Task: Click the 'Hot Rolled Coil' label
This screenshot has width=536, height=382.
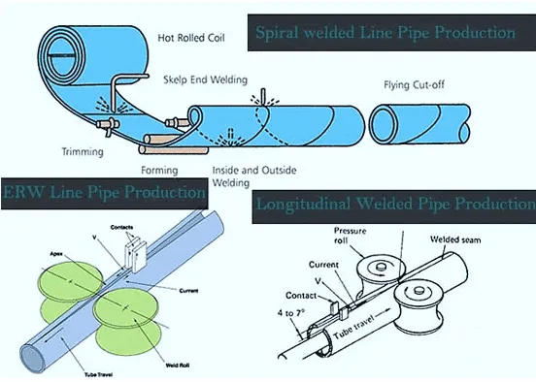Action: (x=190, y=38)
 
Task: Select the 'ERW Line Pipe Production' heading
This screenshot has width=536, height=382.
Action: (x=104, y=193)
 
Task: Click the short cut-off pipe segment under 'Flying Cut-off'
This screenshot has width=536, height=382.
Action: (x=419, y=124)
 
